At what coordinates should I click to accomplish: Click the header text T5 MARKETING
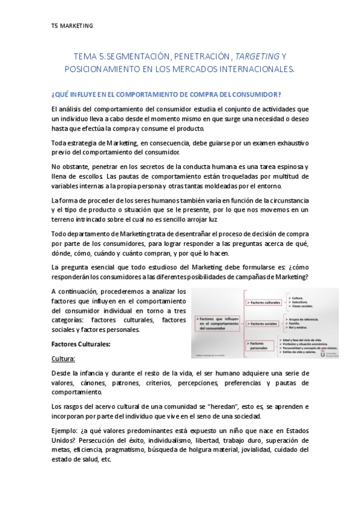(x=72, y=26)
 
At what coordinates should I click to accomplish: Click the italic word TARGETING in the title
(x=257, y=57)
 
